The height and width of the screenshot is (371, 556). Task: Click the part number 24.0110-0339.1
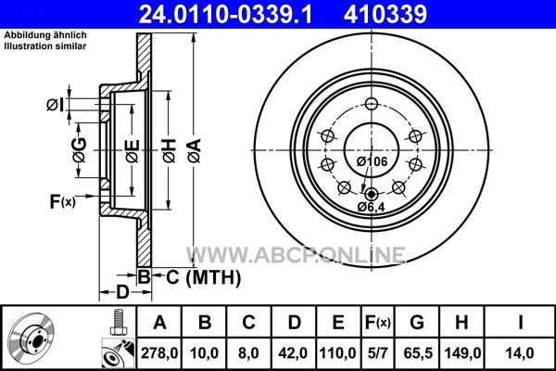226,14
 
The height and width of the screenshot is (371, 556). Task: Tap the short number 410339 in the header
385,14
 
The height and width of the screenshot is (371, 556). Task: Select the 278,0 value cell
159,353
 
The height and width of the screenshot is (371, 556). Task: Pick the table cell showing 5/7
377,353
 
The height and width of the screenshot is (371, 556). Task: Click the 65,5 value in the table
418,353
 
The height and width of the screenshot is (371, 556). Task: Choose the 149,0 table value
462,353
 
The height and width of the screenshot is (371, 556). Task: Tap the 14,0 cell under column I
520,353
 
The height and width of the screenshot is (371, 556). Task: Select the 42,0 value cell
293,353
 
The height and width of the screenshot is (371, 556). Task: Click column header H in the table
461,323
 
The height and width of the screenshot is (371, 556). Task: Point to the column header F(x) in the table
377,323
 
